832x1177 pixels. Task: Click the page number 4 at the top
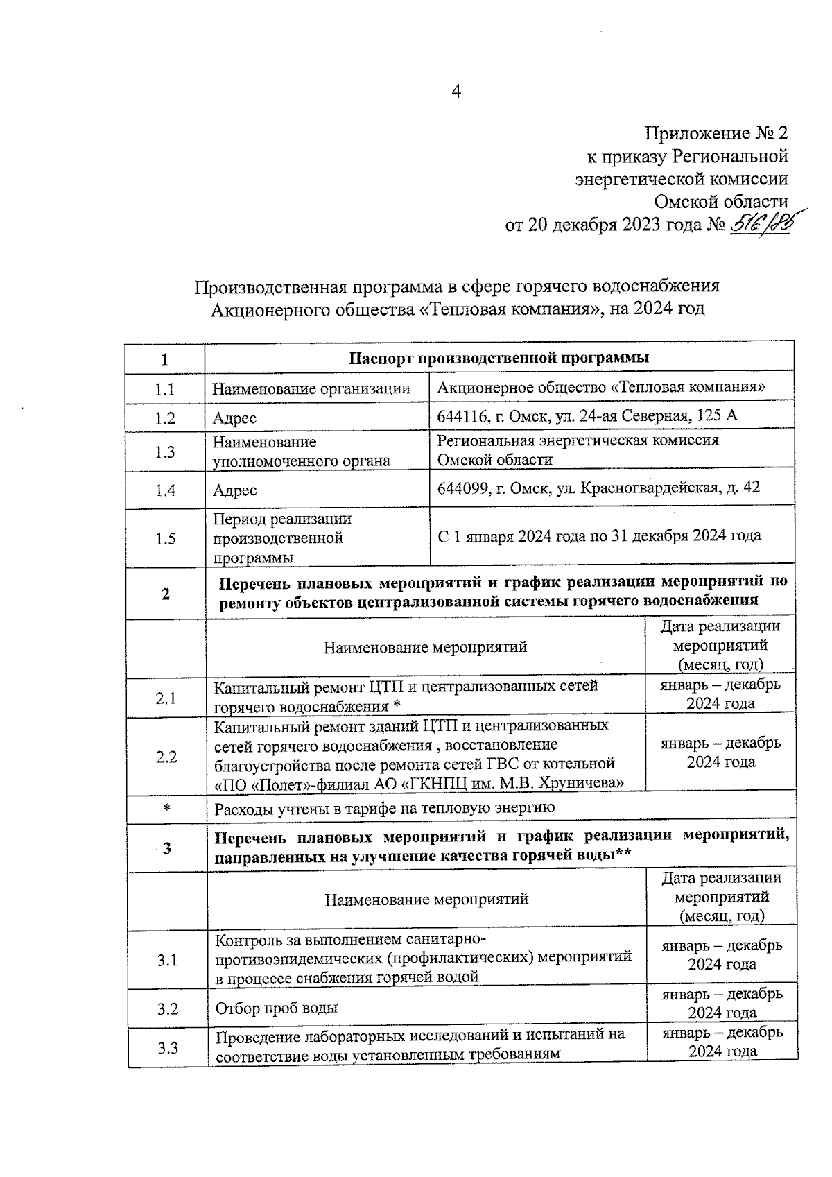coord(456,92)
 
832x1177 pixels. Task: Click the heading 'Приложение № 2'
coord(716,133)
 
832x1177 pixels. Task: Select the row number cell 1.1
coord(164,390)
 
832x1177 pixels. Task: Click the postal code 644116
coord(460,416)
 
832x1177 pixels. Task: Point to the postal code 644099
coord(460,488)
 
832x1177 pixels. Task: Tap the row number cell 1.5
coord(165,538)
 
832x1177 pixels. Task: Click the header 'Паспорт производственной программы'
coord(499,358)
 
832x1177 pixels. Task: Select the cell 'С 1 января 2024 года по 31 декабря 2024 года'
coord(599,536)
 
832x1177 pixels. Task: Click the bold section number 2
coord(165,594)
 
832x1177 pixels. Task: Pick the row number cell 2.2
coord(166,757)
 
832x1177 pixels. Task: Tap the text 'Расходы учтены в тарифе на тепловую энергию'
coord(385,808)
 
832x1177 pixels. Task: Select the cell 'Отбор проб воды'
coord(277,1008)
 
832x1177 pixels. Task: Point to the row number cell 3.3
coord(168,1047)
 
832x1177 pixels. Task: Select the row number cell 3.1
coord(167,961)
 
